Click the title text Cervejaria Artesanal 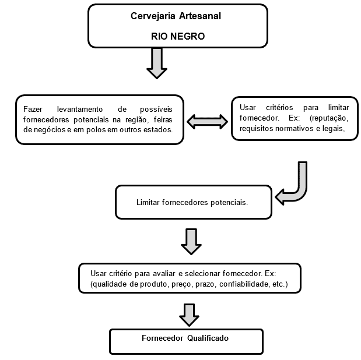[176, 16]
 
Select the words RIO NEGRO [178, 36]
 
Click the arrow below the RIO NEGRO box [157, 63]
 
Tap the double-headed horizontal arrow [207, 122]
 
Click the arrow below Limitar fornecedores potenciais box [191, 242]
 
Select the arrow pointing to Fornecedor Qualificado [189, 315]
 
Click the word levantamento [80, 109]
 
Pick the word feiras [163, 119]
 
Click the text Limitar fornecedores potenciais [192, 203]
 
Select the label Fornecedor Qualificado [185, 338]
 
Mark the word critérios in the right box [279, 107]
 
